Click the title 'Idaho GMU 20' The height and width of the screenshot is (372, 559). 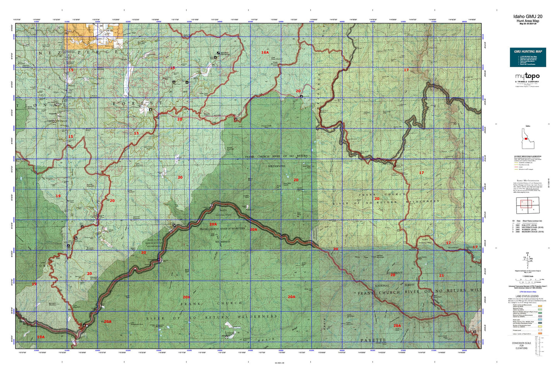(x=527, y=16)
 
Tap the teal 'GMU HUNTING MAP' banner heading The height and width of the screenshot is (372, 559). (x=528, y=51)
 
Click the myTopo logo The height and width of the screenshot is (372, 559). (x=527, y=76)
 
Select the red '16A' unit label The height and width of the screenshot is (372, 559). (x=265, y=52)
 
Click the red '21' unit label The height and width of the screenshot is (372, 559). (x=441, y=275)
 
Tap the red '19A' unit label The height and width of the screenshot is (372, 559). (x=41, y=337)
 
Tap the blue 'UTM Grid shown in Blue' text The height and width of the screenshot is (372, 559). (x=527, y=292)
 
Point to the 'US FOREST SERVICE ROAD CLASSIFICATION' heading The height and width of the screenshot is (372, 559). (x=528, y=156)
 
